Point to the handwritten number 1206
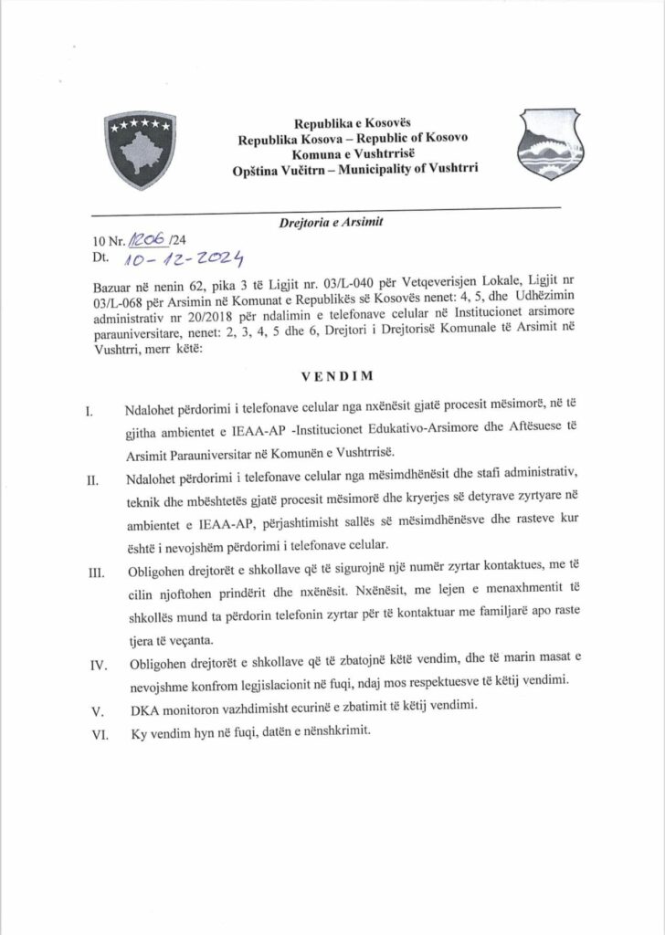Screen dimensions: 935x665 tap(145, 240)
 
